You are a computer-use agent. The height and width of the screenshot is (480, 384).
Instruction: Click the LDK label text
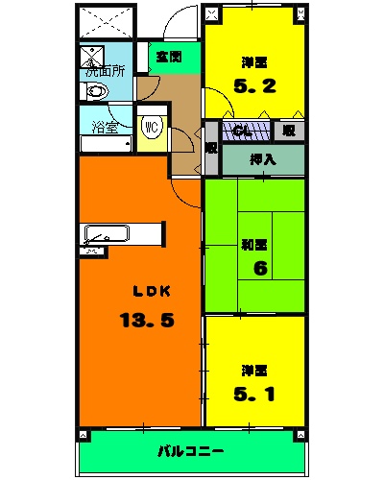coord(147,291)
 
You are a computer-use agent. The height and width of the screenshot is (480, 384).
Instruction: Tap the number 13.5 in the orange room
coord(146,321)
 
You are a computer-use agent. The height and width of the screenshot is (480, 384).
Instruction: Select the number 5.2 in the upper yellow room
coord(254,84)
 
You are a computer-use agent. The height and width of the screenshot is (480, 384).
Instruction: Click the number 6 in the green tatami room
coord(259,268)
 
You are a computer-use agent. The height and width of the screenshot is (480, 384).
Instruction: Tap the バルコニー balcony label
coord(191,450)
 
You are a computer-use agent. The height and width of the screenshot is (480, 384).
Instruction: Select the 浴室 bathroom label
coord(105,126)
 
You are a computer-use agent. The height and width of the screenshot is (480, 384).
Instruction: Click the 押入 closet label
coord(262,159)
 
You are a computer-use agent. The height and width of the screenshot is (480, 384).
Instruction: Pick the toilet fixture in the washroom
coord(96,92)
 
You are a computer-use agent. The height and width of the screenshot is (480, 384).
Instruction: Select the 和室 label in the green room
coord(254,244)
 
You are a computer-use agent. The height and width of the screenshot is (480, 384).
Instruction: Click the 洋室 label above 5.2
coord(254,62)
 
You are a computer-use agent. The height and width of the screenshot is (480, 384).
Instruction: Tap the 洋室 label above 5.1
coord(254,369)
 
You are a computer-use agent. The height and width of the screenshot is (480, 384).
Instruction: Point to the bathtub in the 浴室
coord(105,144)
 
